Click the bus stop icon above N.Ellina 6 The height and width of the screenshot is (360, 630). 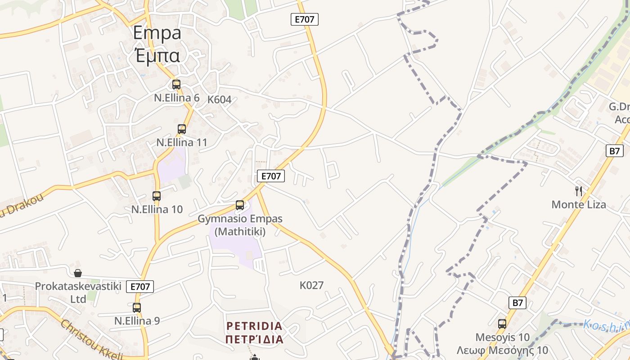[x=176, y=84]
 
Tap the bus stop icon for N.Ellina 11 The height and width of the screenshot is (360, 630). [x=182, y=129]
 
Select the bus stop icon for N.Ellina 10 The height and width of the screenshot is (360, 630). [x=157, y=196]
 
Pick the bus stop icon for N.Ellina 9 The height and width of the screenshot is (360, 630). [x=137, y=308]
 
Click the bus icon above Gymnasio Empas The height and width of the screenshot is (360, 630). [x=240, y=205]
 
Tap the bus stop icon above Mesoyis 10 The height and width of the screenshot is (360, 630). [x=502, y=324]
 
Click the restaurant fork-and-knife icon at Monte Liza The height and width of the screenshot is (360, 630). [x=579, y=191]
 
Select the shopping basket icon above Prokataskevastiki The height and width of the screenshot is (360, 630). [x=78, y=273]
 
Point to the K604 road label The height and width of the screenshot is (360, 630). [x=219, y=99]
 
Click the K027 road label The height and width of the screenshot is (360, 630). [x=311, y=285]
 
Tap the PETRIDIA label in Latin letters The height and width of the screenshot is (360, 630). [x=254, y=326]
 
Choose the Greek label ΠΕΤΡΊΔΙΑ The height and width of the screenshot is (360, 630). [x=254, y=339]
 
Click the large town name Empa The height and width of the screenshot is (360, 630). [x=157, y=33]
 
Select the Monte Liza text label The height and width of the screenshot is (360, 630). [x=579, y=205]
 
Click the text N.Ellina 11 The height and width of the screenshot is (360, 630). [x=182, y=143]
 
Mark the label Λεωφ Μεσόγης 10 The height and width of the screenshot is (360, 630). [x=502, y=351]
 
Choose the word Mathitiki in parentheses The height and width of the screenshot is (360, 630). [x=240, y=232]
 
